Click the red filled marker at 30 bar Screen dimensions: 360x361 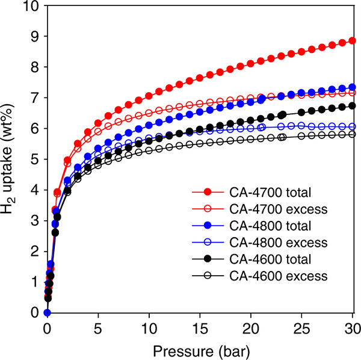click(x=352, y=41)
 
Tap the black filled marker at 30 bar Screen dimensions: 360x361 click(x=352, y=106)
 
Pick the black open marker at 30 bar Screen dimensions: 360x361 click(x=352, y=134)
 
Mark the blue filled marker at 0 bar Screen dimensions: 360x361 click(x=47, y=312)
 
